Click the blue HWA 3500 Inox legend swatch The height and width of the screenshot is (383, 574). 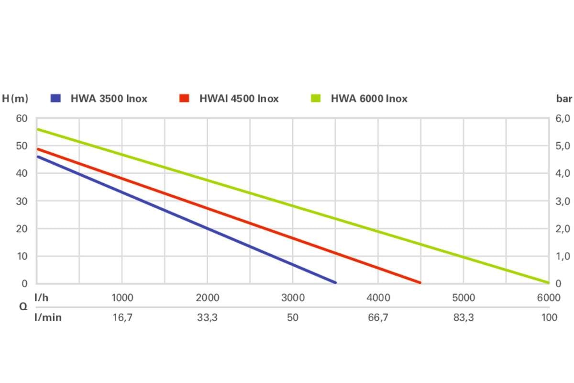coord(56,98)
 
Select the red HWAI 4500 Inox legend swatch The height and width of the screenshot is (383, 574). coord(185,98)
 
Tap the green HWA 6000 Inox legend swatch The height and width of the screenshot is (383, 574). coord(316,98)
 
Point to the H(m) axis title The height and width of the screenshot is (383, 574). coord(15,99)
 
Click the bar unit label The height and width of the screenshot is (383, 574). coord(564,99)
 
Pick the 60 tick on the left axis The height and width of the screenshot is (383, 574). coord(22,118)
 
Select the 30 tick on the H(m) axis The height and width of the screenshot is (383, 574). coord(22,201)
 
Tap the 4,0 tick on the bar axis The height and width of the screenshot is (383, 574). coord(563,173)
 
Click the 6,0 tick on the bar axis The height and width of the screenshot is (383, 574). coord(563,118)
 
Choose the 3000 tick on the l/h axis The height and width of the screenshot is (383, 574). coord(293,298)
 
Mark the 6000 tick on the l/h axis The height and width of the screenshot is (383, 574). coord(548,298)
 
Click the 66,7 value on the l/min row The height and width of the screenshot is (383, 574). coord(378,317)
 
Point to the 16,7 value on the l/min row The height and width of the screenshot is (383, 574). coord(122,317)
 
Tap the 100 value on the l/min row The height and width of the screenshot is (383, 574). coord(549,317)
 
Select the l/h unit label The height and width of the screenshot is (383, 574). coord(42,297)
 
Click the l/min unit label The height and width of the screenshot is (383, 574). coord(48,317)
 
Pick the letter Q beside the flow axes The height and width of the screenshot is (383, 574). coord(23,307)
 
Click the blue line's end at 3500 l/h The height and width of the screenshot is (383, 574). coord(335,282)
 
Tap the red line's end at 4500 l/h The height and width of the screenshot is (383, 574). coord(420,282)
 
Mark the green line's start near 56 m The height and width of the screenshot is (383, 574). coord(38,129)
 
